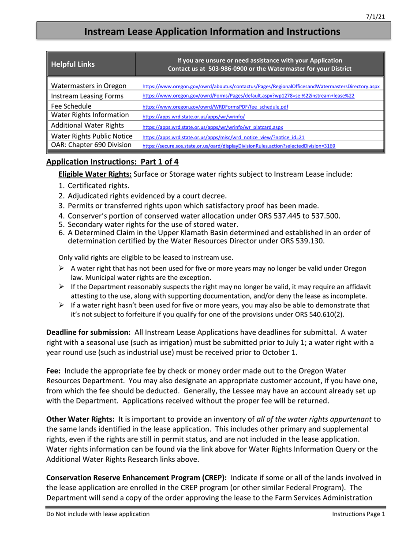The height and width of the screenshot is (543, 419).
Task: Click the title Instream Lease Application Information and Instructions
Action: (212, 32)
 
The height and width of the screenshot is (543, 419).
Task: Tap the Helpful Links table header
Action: (73, 64)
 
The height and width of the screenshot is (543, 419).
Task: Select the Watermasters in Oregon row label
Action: (89, 86)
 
